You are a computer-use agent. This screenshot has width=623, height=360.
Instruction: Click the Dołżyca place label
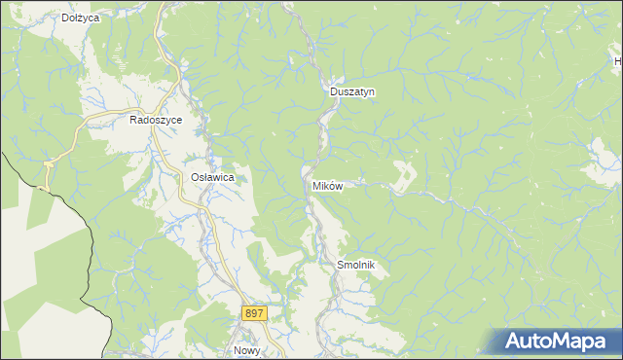point(81,18)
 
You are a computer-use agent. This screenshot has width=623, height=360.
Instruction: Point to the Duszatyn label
point(351,91)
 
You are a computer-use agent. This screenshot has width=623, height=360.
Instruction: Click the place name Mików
point(327,185)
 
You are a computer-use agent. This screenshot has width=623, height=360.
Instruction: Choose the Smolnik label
point(355,265)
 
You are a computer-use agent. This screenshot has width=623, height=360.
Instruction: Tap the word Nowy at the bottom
point(246,350)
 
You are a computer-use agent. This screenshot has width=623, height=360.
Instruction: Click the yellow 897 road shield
point(253,313)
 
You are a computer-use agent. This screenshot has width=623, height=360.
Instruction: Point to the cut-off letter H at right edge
point(618,62)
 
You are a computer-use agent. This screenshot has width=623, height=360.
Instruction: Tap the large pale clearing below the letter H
point(603,155)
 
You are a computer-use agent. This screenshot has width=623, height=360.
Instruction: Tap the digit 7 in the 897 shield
point(260,313)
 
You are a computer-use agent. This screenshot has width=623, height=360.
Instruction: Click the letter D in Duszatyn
point(334,91)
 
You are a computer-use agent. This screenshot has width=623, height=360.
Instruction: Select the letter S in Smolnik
point(340,265)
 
